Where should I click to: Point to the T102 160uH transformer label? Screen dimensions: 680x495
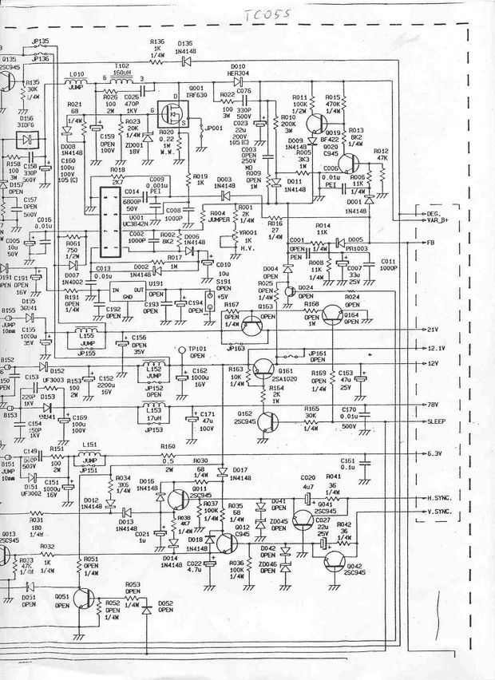tap(121, 69)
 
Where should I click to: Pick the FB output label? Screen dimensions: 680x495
tap(430, 242)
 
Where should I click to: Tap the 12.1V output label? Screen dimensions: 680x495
tap(434, 349)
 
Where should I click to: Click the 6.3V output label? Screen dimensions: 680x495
tap(434, 454)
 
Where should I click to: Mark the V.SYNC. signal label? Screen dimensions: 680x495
tap(440, 511)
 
